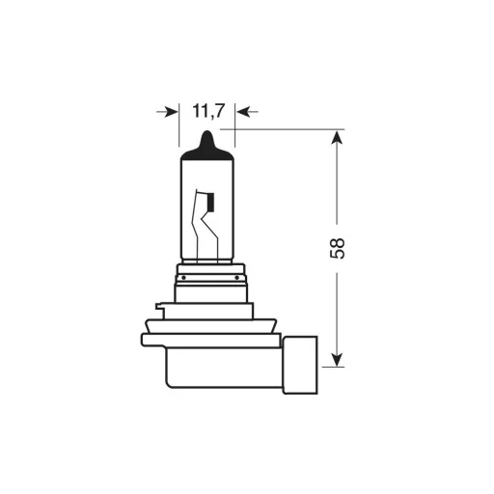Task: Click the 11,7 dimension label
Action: tap(207, 111)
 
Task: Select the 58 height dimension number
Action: tap(337, 248)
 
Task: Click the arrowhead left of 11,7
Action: tap(172, 112)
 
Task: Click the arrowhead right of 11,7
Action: tap(243, 112)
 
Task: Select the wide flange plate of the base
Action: tap(212, 340)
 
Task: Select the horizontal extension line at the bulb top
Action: tap(289, 128)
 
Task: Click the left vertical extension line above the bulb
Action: tap(179, 125)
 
